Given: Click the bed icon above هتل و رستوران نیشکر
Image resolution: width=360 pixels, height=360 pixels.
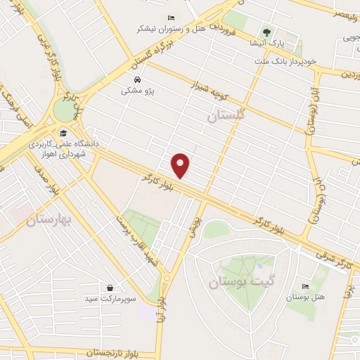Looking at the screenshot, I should (x=170, y=18).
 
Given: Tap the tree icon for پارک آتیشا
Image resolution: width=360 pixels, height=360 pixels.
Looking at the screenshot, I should (x=266, y=32).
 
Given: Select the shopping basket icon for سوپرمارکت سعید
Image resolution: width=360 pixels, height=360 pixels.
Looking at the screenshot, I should (x=110, y=288).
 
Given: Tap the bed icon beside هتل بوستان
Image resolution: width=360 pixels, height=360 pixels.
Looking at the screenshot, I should (x=304, y=286).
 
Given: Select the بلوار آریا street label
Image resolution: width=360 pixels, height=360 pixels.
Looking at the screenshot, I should (x=162, y=309).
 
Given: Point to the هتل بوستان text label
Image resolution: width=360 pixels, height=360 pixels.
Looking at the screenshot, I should (x=304, y=297).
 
